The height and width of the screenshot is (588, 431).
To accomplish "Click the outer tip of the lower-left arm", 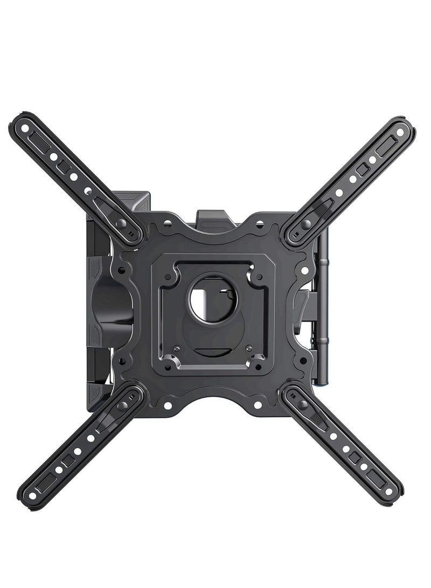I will pos(31,495).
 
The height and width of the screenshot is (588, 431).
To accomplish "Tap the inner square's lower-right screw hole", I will pos(260,368).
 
